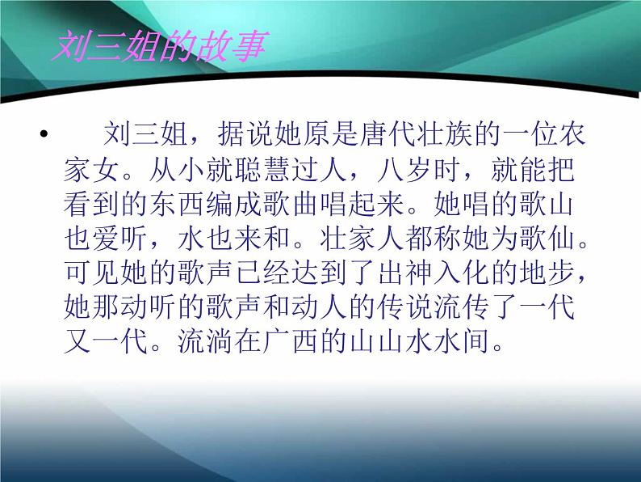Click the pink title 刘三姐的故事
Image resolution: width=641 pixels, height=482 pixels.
[x=159, y=47]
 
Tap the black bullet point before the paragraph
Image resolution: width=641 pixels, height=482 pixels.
[x=44, y=133]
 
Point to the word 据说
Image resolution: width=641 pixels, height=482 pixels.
[x=245, y=134]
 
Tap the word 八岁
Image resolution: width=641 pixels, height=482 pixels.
[x=403, y=169]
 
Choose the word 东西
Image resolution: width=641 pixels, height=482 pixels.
[x=178, y=204]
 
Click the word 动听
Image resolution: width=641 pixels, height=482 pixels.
[x=149, y=307]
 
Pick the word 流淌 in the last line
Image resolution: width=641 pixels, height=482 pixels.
[x=206, y=341]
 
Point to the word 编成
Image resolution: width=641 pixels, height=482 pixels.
[x=234, y=204]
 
